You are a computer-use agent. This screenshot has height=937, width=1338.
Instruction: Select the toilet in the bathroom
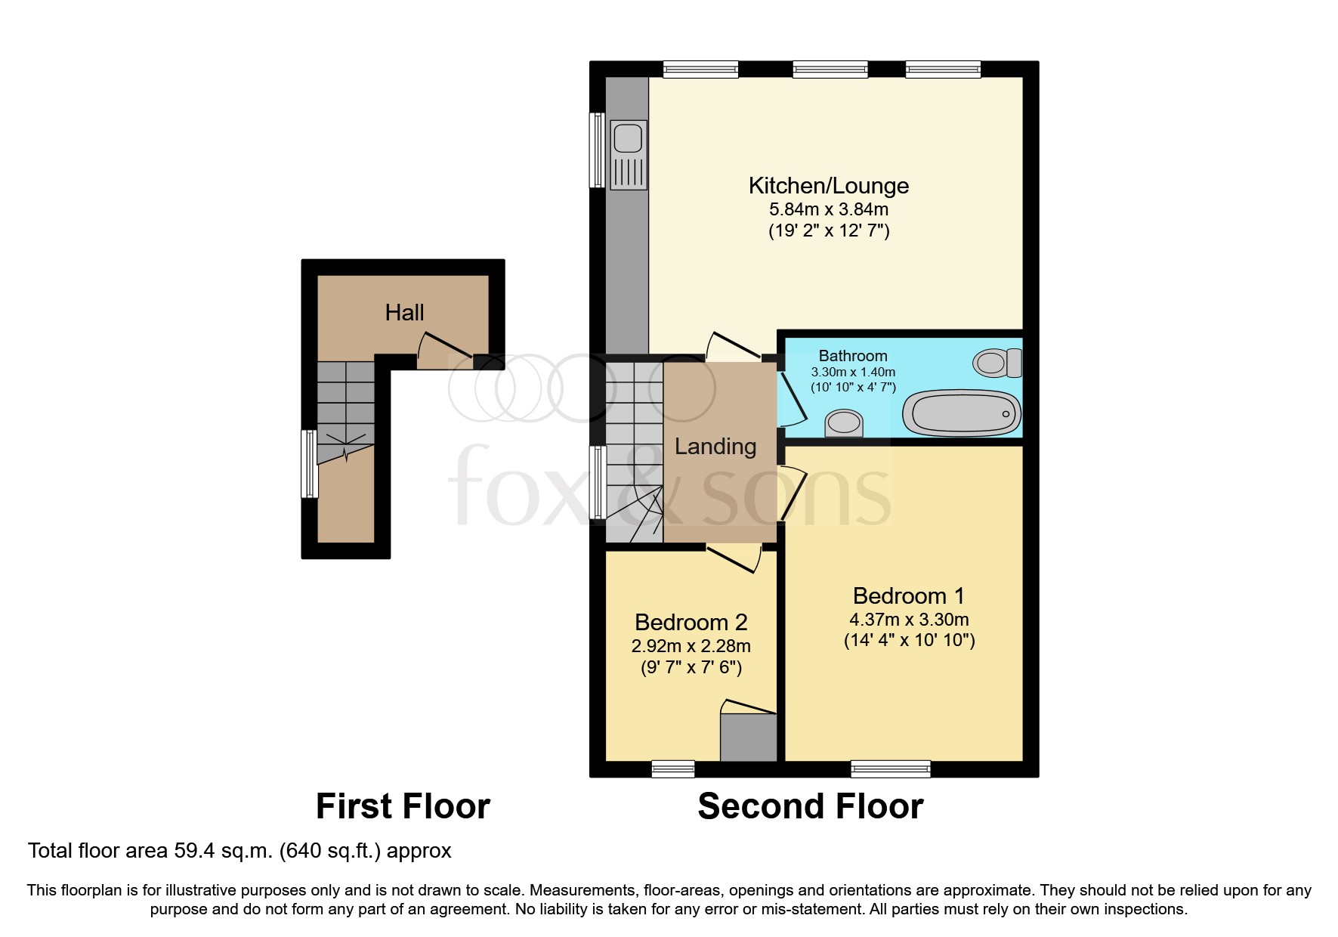996,363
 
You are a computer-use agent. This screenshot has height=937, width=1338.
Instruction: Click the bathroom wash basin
844,423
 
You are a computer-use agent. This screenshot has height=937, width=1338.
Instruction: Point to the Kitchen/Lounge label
828,185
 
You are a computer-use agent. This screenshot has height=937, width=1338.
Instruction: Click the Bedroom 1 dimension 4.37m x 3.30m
909,620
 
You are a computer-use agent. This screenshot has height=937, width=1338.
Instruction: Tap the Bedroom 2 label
691,622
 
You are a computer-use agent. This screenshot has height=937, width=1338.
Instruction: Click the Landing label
715,447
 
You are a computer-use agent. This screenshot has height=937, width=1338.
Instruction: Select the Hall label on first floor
404,313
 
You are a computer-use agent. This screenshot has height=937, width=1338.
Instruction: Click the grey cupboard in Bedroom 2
748,738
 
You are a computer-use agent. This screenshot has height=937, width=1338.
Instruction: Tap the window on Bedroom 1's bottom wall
890,769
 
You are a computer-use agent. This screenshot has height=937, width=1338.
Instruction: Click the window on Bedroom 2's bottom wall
672,769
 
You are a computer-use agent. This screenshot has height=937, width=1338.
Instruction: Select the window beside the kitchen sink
597,150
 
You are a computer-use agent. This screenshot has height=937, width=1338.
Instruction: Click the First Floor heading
403,806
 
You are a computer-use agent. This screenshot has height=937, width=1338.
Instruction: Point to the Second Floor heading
810,806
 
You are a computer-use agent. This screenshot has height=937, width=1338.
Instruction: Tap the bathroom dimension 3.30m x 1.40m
853,372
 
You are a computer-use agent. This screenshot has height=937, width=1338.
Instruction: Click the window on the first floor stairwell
308,464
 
